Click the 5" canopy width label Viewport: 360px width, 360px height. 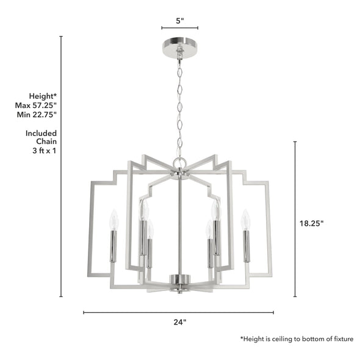179,21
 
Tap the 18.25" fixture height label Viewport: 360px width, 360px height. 311,223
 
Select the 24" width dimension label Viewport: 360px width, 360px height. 179,322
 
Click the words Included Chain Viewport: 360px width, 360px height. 41,137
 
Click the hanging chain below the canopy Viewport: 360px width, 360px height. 179,104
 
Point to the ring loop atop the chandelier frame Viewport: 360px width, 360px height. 179,162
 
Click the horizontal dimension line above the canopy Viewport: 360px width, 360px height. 179,28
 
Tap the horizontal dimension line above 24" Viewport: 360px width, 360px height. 179,312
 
